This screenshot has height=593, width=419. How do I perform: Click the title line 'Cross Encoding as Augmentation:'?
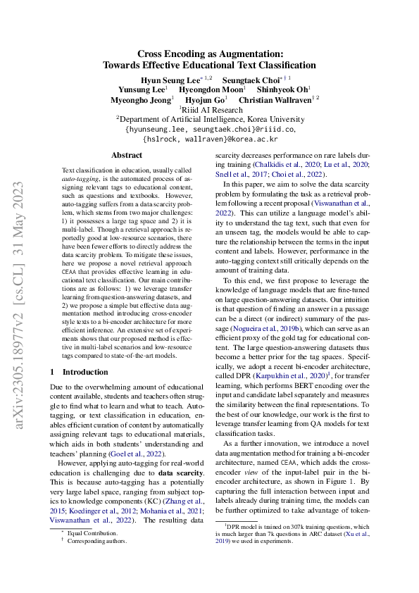coord(209,54)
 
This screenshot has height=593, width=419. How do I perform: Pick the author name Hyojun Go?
coord(206,100)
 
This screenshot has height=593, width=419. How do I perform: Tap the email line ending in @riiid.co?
coord(210,130)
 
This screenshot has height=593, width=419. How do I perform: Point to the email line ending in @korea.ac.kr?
coord(210,139)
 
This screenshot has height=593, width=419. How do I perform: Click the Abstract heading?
coord(126,155)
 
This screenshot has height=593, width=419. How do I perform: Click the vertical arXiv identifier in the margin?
coord(21,296)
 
